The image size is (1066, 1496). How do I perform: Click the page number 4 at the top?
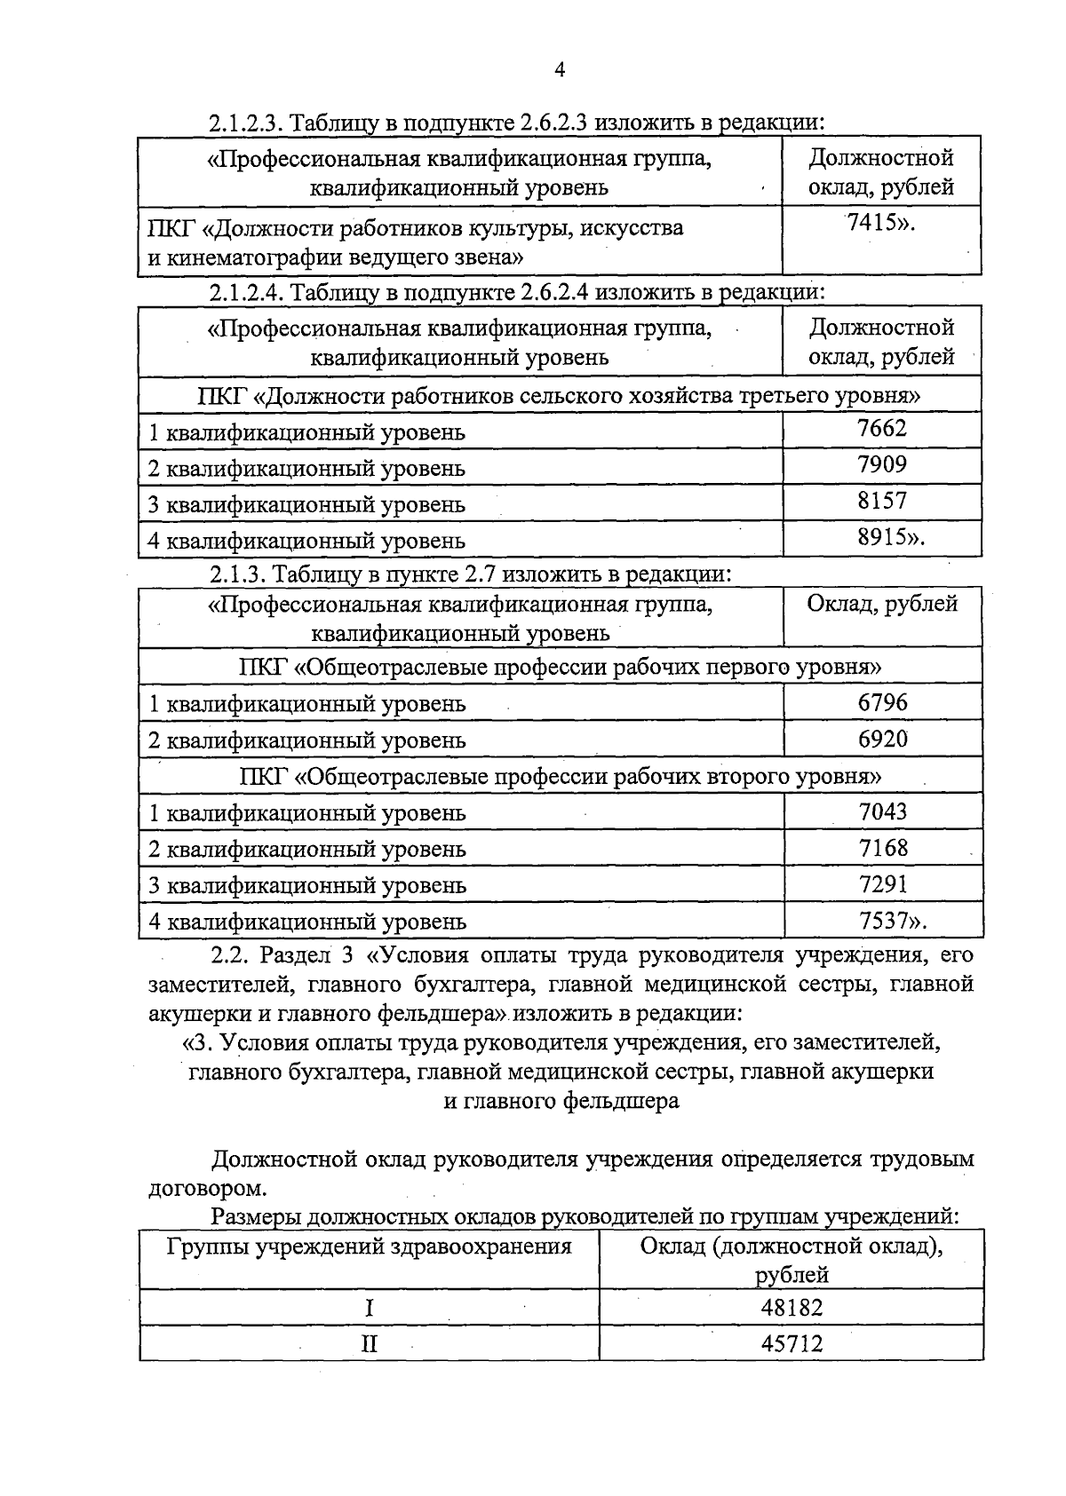(560, 71)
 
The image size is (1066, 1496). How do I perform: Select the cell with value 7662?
(882, 429)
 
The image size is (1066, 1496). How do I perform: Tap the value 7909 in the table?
(882, 464)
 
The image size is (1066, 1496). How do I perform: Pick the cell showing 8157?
(882, 501)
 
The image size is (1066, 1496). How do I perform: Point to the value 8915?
(882, 537)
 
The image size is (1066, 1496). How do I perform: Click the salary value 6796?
(883, 702)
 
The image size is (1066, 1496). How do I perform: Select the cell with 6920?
(883, 739)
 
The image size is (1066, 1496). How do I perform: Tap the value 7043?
(883, 811)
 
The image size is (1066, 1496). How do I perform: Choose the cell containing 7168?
(883, 848)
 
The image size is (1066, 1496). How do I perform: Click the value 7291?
(883, 884)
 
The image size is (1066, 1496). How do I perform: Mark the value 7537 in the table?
(883, 921)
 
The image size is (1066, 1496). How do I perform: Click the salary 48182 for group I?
(792, 1308)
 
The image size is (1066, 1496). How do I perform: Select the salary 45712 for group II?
(792, 1344)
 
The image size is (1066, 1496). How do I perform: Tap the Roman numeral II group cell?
(370, 1344)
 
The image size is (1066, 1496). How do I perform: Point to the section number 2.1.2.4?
(245, 292)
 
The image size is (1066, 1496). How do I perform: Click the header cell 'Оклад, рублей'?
(882, 605)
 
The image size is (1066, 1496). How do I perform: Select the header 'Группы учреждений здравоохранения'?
(370, 1247)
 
